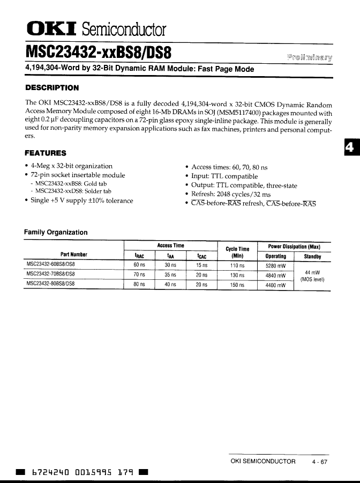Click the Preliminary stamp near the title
click(310, 57)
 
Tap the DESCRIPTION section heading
click(52, 87)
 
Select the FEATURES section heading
click(46, 153)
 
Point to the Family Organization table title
click(56, 232)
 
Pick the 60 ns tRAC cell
click(139, 265)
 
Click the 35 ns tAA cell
click(170, 275)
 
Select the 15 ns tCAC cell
click(201, 265)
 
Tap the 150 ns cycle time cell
click(237, 285)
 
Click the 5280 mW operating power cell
click(275, 265)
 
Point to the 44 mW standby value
click(312, 272)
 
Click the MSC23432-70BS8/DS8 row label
click(51, 274)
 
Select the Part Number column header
click(73, 255)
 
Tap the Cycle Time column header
click(237, 252)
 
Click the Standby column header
click(312, 257)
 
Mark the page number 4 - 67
click(320, 462)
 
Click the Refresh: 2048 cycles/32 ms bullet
click(231, 194)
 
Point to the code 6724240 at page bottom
click(51, 472)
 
